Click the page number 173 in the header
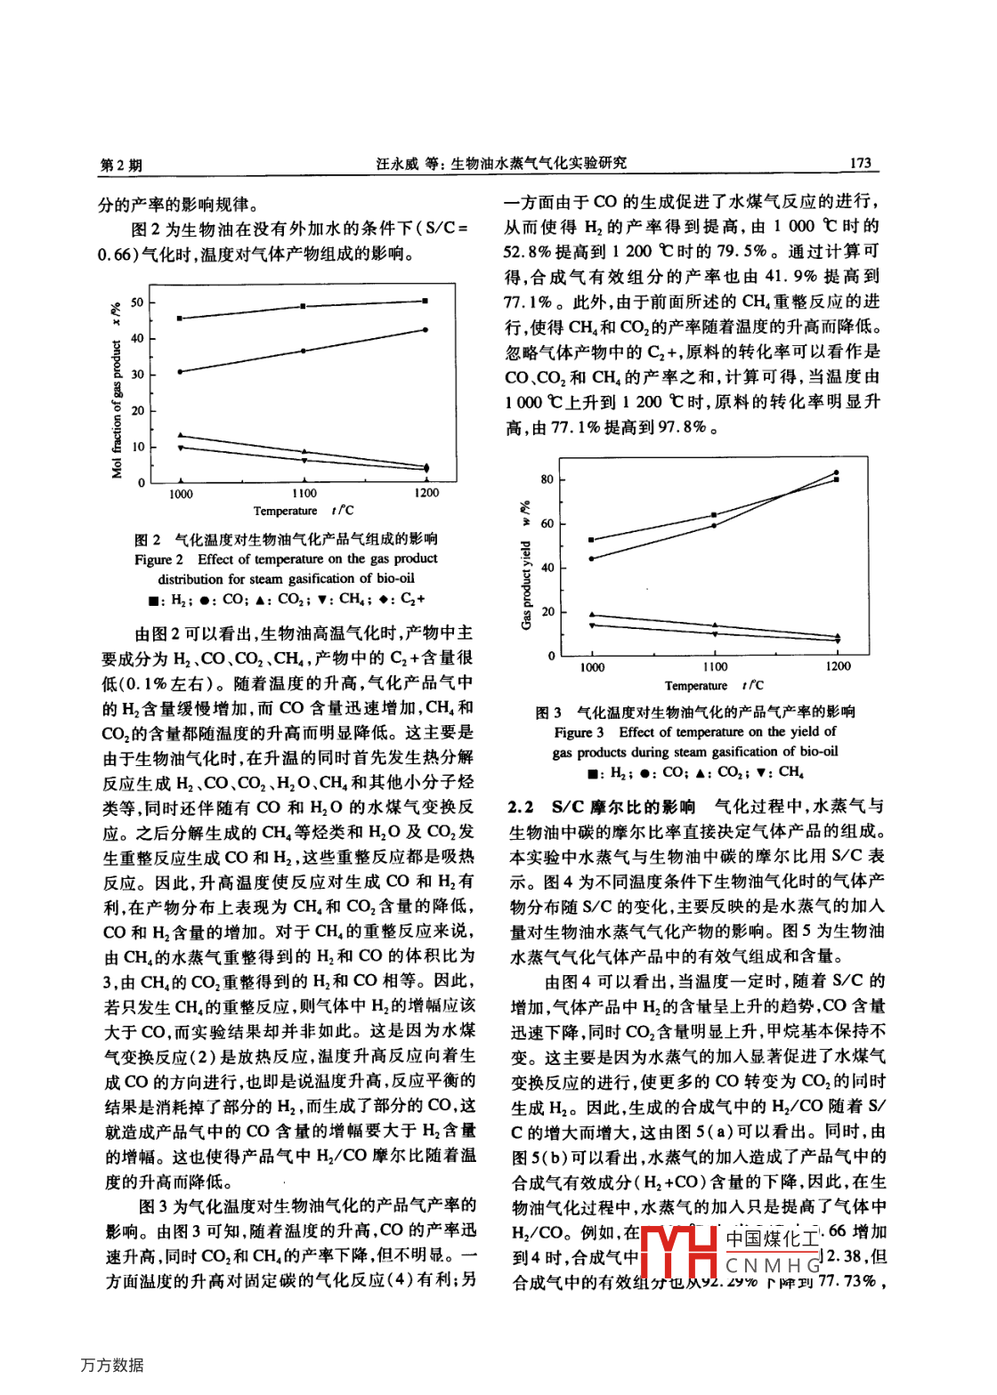[860, 163]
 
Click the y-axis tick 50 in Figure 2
[137, 302]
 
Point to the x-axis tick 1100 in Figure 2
[304, 493]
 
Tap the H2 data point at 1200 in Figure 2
[426, 302]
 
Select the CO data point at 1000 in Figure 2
[181, 372]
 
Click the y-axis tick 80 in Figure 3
[547, 480]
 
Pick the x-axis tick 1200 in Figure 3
[838, 665]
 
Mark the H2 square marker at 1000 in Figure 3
[592, 540]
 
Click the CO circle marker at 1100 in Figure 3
[715, 526]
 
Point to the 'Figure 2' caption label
[158, 559]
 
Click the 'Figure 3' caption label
[579, 732]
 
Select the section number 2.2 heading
[521, 807]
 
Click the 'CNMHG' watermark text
[773, 1265]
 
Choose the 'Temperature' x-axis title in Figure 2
[285, 511]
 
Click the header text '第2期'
[120, 165]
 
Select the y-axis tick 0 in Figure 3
[551, 657]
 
